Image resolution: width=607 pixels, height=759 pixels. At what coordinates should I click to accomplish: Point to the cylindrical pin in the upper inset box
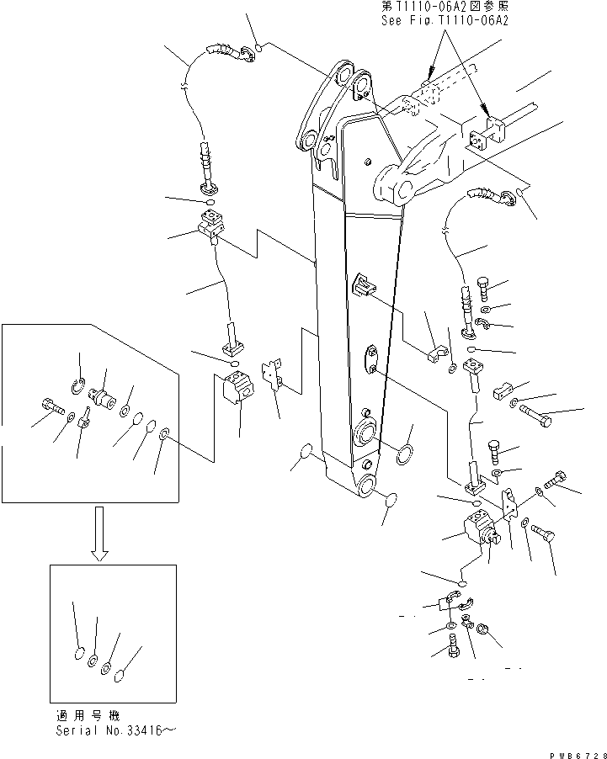coord(105,395)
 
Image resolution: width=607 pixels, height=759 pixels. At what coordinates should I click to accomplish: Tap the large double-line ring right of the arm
coord(405,456)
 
